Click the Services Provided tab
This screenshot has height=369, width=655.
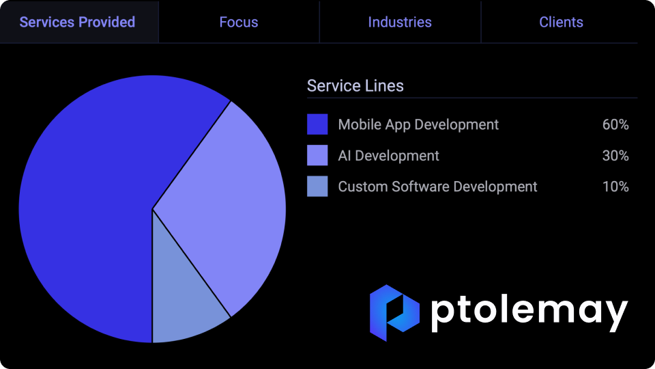tap(77, 22)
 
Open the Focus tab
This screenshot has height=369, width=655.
tap(239, 22)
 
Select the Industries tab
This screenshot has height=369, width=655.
tap(400, 22)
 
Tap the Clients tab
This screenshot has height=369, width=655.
tap(561, 22)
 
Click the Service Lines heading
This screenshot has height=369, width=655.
tap(355, 86)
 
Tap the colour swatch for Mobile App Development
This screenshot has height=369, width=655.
tap(317, 124)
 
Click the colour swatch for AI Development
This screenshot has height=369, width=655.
tap(317, 155)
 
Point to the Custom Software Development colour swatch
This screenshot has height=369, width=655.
tap(317, 186)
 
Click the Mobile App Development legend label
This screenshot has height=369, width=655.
tap(418, 124)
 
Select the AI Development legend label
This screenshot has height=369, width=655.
tap(388, 156)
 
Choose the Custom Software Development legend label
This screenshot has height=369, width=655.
tap(437, 187)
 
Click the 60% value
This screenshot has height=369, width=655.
tap(615, 124)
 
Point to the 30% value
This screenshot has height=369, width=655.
tap(615, 156)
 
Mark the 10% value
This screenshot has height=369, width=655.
tap(615, 187)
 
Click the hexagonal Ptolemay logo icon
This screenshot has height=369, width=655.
tap(394, 312)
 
